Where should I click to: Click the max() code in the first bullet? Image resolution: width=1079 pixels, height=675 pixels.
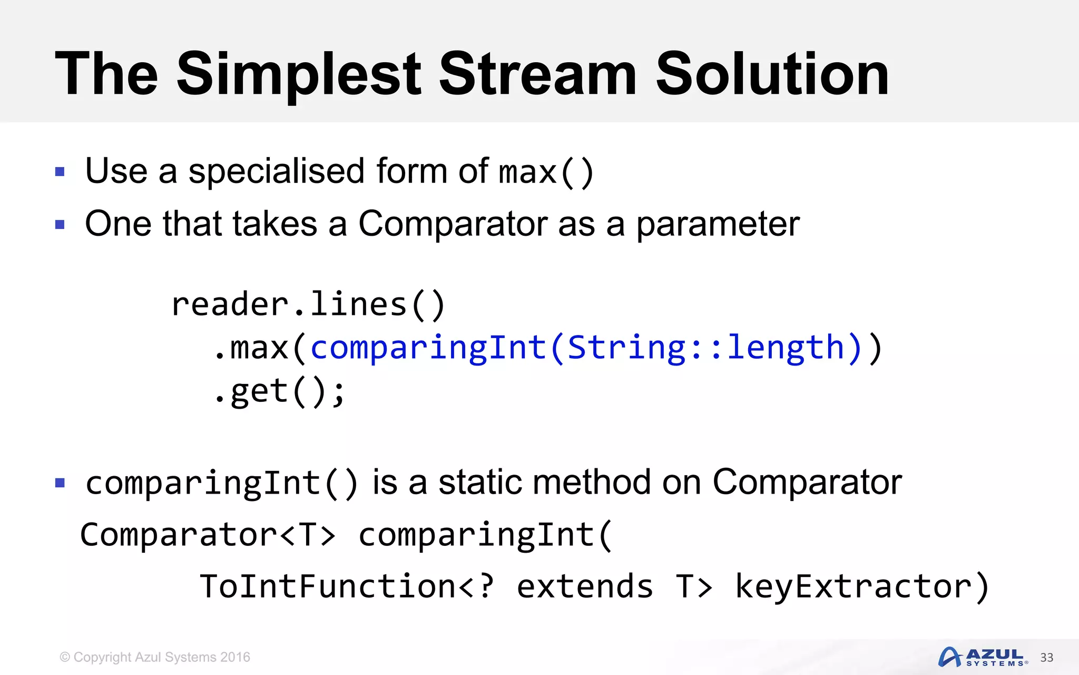[x=546, y=172]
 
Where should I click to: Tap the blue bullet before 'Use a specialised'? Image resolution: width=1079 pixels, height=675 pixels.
[x=60, y=172]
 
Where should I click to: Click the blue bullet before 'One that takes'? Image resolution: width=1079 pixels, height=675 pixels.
[x=60, y=225]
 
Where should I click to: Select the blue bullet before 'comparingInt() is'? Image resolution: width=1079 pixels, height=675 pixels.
[x=60, y=483]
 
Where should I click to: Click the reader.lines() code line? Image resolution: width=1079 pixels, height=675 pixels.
[x=309, y=305]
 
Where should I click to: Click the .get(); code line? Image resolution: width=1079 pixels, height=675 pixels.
[x=279, y=392]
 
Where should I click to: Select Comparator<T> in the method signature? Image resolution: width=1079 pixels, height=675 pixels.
[x=208, y=535]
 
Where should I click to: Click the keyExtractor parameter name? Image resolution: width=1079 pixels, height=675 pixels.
[x=854, y=586]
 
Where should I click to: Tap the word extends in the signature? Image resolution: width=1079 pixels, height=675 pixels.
[x=585, y=586]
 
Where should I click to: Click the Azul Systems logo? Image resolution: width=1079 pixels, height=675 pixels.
[x=982, y=657]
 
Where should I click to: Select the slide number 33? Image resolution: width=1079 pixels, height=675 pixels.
[x=1046, y=658]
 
